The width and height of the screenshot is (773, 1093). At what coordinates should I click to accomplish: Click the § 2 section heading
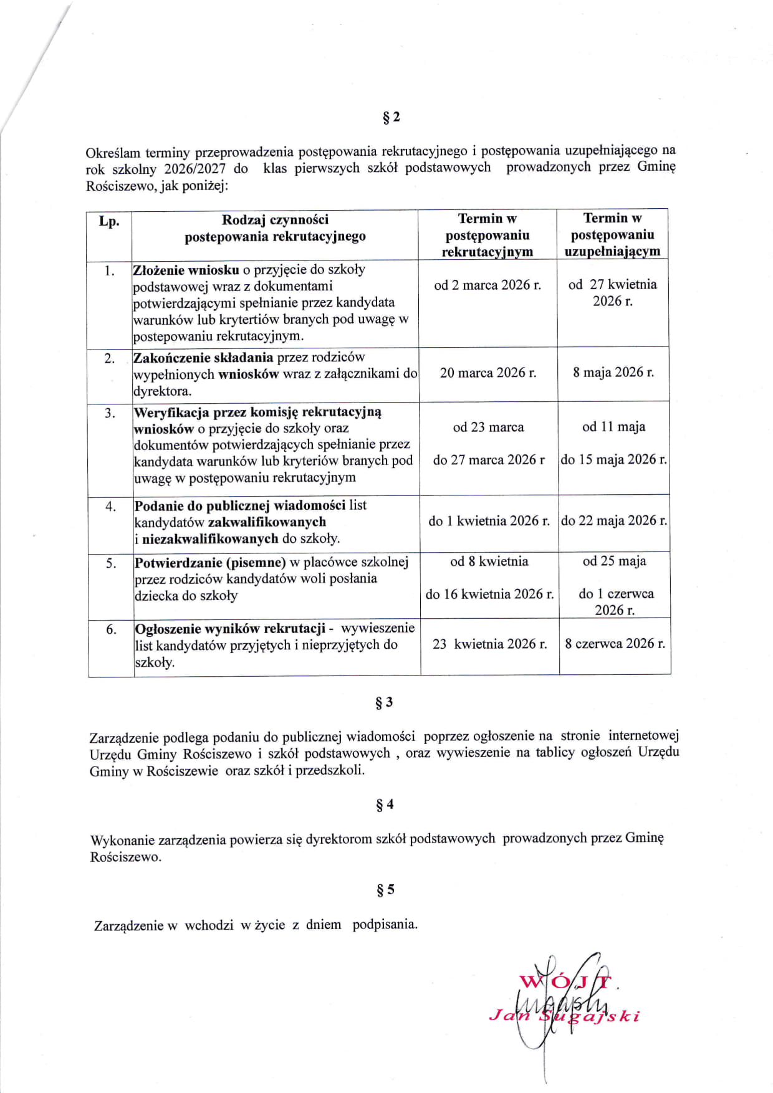(391, 117)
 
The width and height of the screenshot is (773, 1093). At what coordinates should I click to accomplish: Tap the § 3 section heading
(384, 702)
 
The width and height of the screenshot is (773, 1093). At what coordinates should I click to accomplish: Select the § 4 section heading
(385, 804)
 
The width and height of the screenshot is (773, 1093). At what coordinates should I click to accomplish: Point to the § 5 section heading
(385, 890)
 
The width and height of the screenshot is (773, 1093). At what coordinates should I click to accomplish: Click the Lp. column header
(109, 221)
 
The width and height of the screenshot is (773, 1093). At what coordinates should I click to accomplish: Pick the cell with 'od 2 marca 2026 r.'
(487, 285)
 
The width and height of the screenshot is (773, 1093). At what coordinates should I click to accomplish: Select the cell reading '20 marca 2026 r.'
(488, 373)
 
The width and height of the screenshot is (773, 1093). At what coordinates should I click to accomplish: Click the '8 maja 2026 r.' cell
(613, 372)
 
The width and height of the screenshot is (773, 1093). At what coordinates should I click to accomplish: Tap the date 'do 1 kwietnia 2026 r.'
(489, 521)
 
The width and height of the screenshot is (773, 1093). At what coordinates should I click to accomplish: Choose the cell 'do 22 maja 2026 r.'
(614, 520)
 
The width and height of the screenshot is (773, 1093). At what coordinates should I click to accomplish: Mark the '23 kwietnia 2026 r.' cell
(489, 644)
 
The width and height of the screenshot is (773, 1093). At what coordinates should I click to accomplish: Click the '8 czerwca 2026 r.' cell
(615, 643)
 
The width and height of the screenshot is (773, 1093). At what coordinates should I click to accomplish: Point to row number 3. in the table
(110, 413)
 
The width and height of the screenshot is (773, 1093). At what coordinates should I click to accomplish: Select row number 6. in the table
(111, 629)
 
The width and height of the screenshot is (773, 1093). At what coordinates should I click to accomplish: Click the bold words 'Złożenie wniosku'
(186, 270)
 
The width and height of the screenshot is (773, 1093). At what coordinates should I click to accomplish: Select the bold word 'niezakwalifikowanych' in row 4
(210, 538)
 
